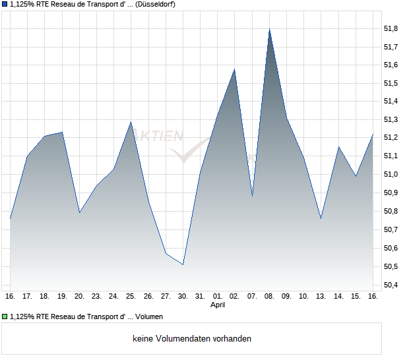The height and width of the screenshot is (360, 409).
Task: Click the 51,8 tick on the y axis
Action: tap(391, 29)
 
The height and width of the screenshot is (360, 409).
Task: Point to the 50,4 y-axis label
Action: tap(391, 285)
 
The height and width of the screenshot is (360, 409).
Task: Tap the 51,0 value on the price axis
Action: tap(391, 175)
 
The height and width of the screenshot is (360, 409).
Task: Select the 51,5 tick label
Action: tap(391, 84)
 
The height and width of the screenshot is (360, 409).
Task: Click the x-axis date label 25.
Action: tap(131, 296)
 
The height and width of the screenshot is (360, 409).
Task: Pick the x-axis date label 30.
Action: tap(183, 296)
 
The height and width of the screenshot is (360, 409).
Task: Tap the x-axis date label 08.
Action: tap(269, 296)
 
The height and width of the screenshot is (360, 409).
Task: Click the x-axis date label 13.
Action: tap(321, 296)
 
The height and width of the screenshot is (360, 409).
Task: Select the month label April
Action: tap(218, 305)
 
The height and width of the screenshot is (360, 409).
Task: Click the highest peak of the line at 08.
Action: tap(269, 30)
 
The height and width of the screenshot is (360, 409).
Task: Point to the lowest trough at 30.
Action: tap(183, 264)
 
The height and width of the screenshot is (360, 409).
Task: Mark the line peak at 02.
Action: tap(235, 69)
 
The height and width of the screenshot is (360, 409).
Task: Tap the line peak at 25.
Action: tap(131, 122)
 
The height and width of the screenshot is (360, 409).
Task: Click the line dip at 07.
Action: tap(252, 196)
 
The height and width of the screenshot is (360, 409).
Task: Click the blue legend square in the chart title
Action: tap(5, 4)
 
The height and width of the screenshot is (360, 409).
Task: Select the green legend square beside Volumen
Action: tap(5, 316)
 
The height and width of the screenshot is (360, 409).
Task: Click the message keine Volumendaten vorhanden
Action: tap(192, 339)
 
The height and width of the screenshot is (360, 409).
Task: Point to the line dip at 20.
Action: tap(79, 212)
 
